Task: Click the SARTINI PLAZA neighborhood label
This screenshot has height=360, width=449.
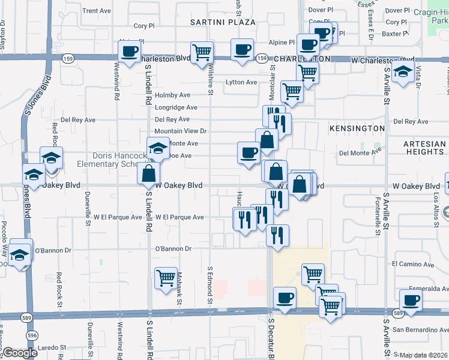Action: (223, 22)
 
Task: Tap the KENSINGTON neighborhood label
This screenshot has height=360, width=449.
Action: (357, 128)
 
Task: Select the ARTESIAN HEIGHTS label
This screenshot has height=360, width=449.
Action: (424, 148)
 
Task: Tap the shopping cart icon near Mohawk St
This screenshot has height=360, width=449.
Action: (166, 278)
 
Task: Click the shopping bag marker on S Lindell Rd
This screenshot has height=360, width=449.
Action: (148, 174)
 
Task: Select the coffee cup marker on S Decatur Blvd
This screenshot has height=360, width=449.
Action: (285, 298)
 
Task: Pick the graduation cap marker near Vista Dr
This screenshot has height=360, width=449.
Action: (405, 72)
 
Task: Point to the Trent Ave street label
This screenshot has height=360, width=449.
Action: (97, 11)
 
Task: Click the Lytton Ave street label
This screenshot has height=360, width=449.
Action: (241, 82)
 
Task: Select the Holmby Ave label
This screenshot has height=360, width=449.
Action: (172, 95)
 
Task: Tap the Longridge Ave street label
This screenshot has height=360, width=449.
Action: (176, 108)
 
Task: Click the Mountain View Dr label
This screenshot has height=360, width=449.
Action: (180, 131)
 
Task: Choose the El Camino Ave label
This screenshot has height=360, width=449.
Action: (412, 264)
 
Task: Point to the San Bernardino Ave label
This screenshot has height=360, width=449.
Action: (420, 330)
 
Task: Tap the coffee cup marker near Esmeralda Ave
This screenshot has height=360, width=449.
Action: (411, 300)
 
